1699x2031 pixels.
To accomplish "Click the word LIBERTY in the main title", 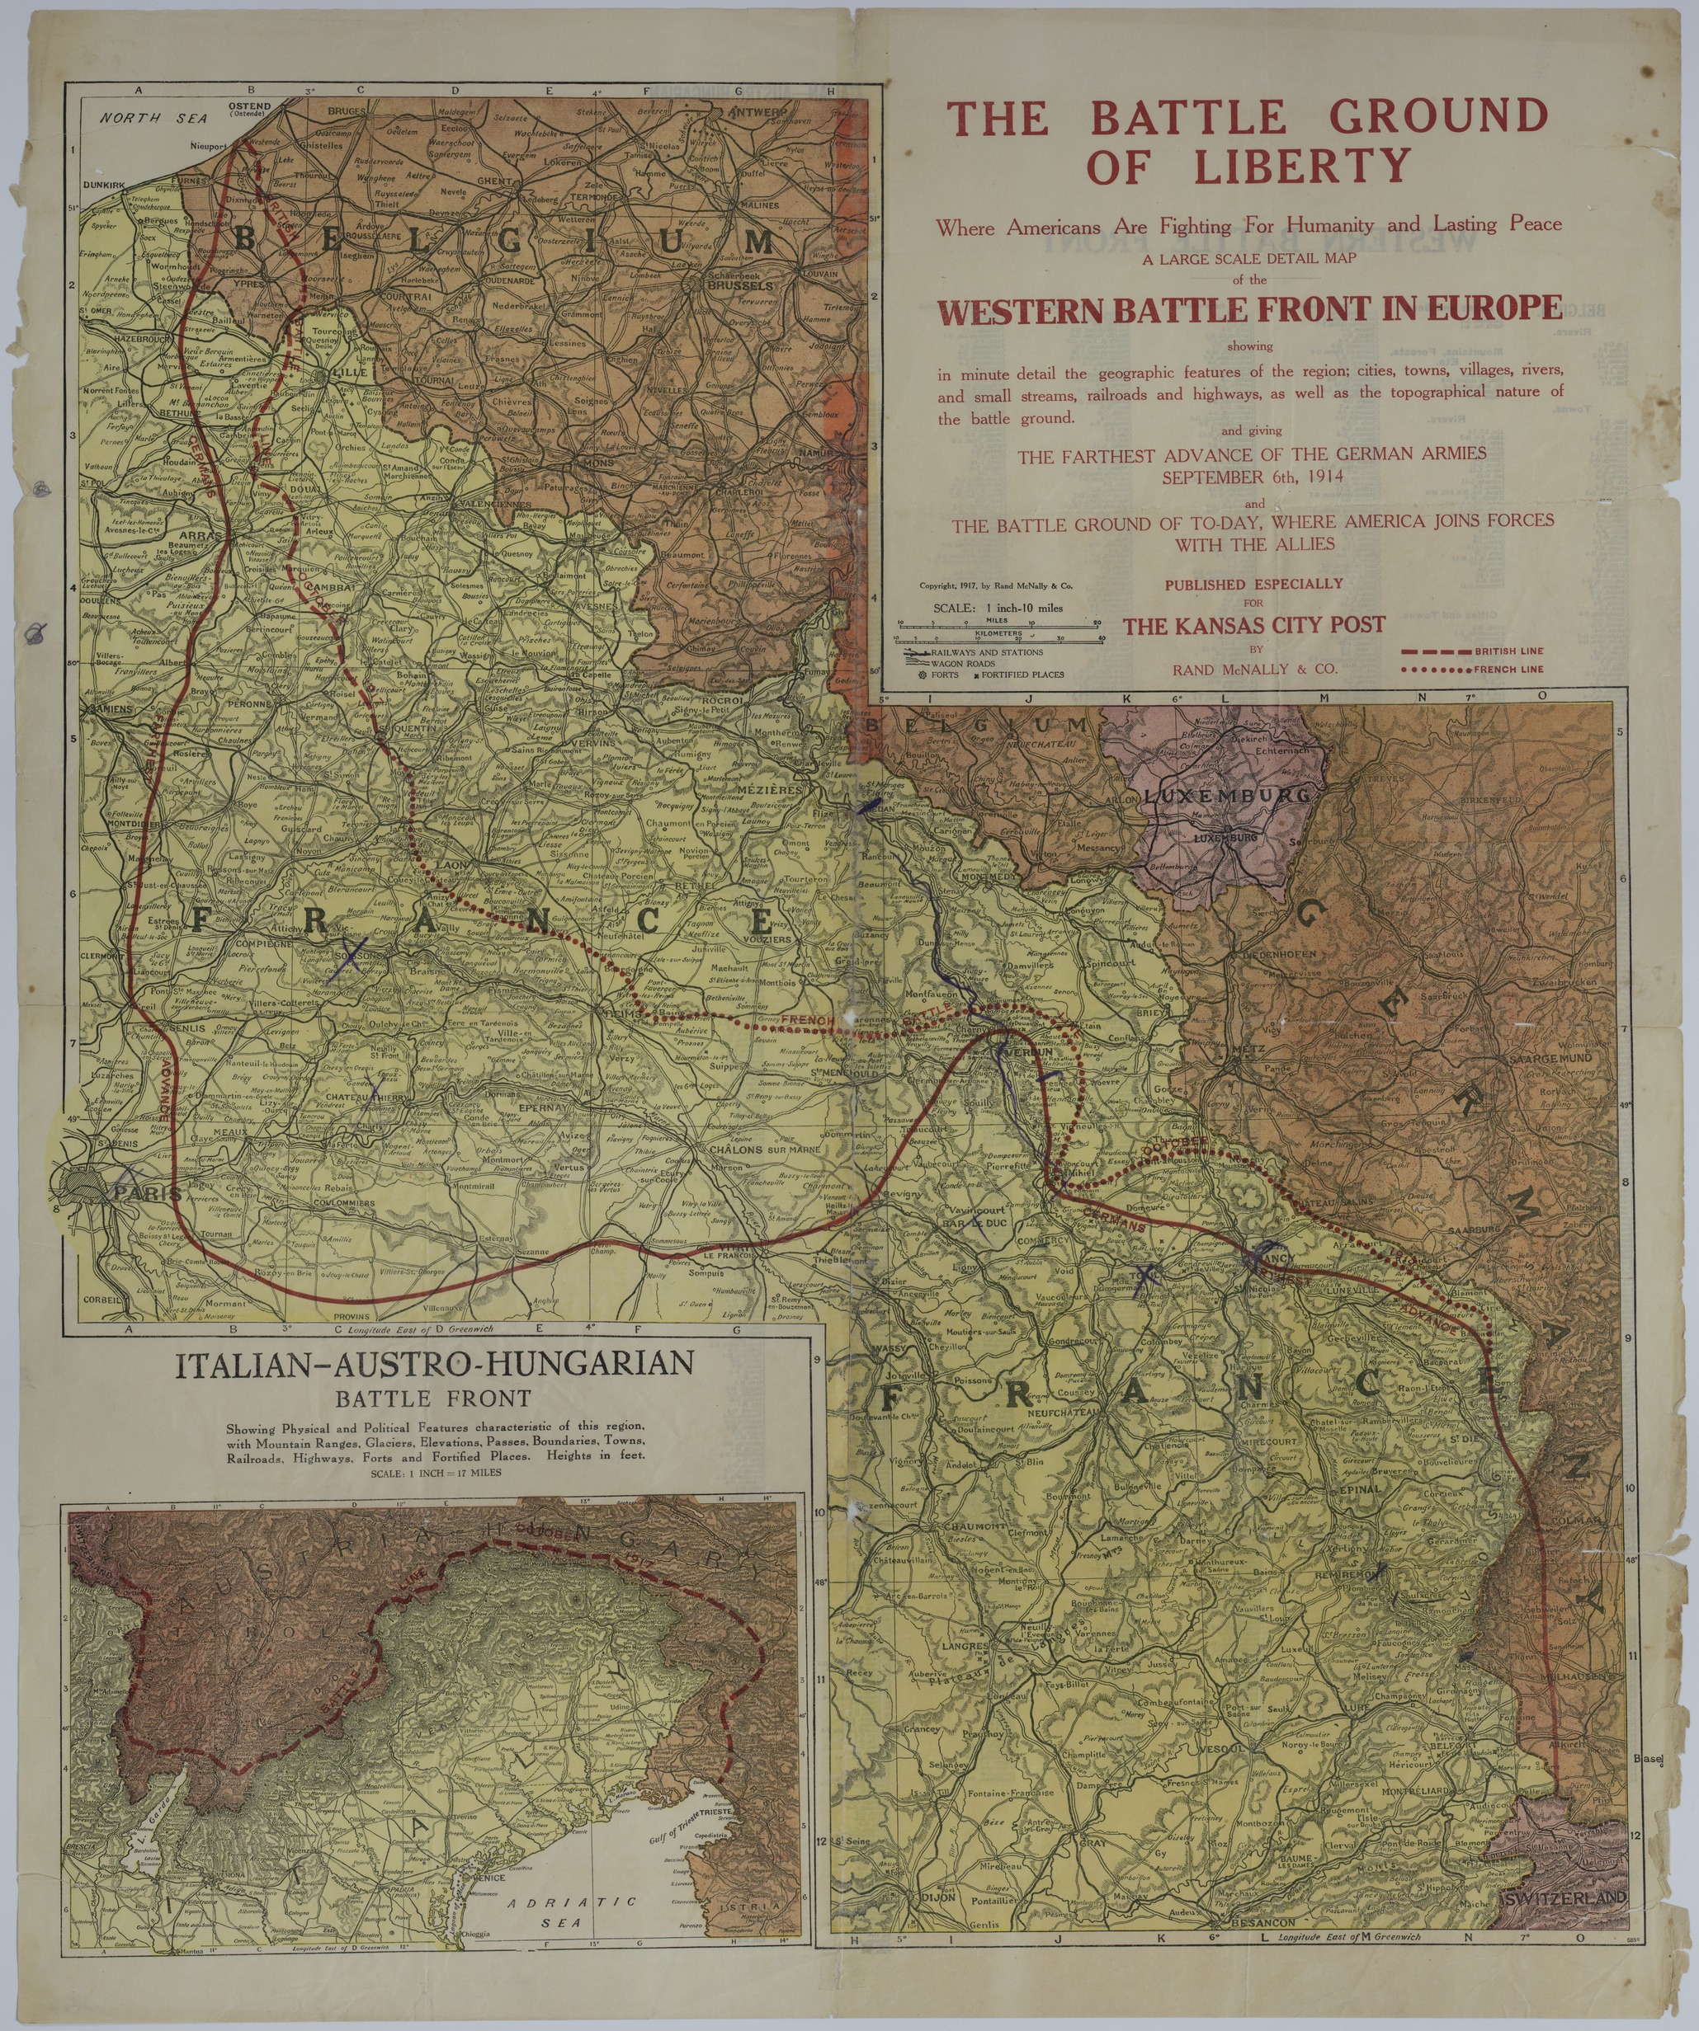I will point(1301,166).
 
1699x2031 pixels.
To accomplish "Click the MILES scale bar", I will point(1000,623).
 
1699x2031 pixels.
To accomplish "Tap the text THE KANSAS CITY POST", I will point(1254,625).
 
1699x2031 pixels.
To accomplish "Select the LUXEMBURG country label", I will point(1226,795).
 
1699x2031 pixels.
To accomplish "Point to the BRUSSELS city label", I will point(740,286).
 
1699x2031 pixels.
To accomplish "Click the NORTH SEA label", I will point(153,118).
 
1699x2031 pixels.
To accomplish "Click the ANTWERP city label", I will point(757,112).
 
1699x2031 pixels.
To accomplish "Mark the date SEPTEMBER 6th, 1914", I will point(1252,477).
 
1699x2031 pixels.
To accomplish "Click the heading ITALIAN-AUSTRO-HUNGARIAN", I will point(434,1365).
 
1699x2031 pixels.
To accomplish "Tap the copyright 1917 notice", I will point(996,585).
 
